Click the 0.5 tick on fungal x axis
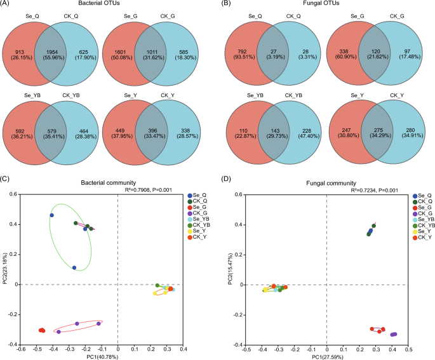pos(408,349)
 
